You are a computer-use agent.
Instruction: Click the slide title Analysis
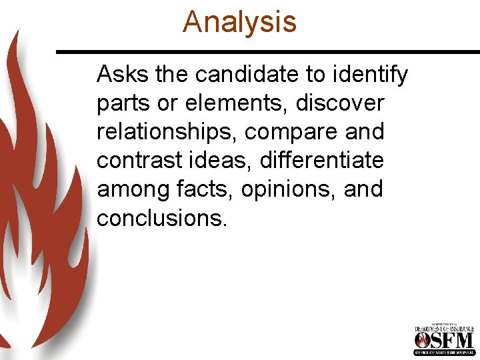239,21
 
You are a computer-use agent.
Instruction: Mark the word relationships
167,132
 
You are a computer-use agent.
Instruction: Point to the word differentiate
322,161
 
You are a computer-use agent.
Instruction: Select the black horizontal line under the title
267,51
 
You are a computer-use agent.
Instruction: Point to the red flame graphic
40,200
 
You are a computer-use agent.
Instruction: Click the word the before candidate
172,75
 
